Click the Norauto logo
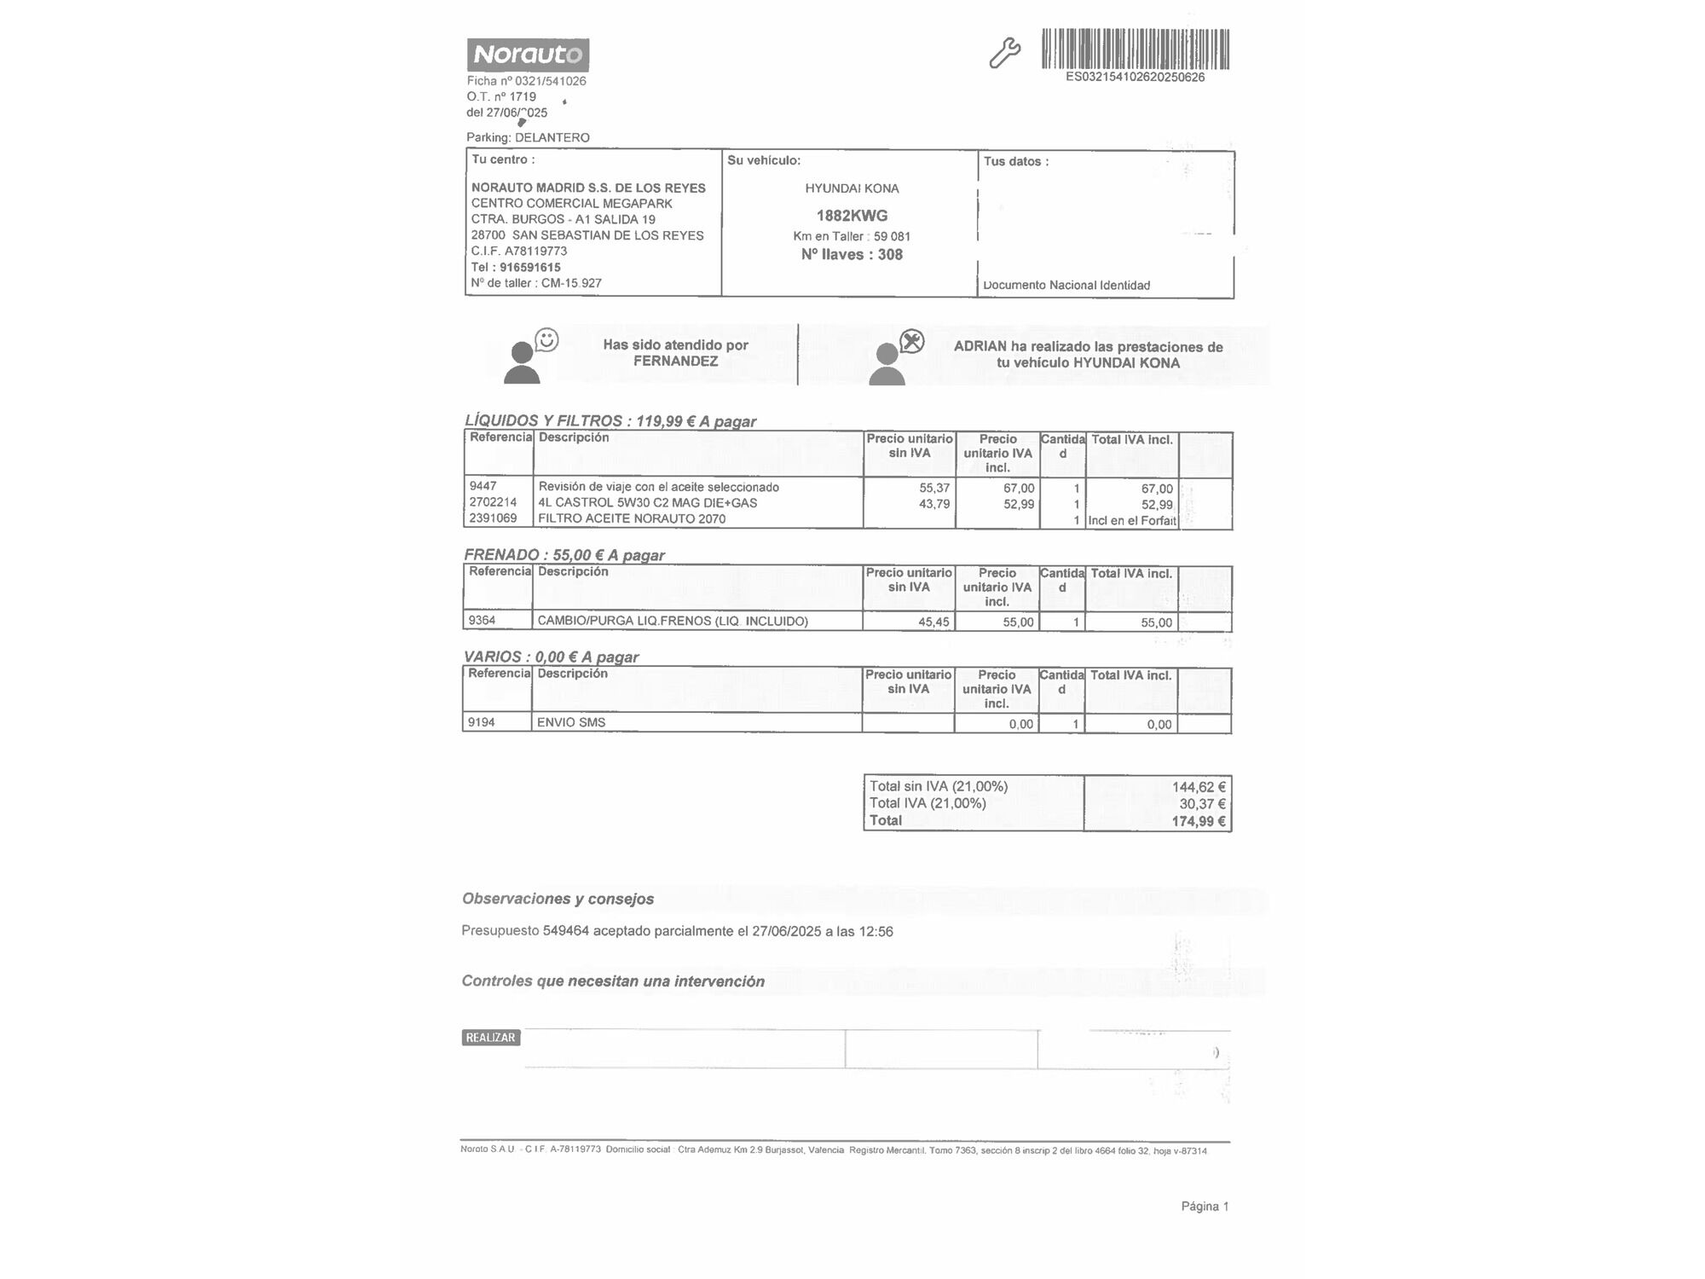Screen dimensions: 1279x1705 (528, 55)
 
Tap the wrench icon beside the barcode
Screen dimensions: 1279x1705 (1004, 53)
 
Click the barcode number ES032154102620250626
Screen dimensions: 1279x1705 (1135, 78)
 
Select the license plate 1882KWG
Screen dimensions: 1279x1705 (852, 216)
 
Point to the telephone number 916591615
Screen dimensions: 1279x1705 (529, 267)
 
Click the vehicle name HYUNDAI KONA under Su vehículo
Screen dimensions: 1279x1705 (852, 188)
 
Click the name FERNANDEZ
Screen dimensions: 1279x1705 (675, 362)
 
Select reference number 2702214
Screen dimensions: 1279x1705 (493, 502)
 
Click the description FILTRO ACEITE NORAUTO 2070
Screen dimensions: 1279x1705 (632, 518)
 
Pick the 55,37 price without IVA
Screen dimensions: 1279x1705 (934, 488)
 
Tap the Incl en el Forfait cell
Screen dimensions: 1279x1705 (1132, 520)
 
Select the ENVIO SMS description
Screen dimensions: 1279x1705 (571, 722)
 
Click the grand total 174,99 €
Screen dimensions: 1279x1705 (1199, 821)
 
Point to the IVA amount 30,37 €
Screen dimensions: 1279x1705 (1202, 804)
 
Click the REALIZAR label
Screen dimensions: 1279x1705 (491, 1038)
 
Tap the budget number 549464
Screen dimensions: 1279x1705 (566, 931)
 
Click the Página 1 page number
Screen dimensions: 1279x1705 (1205, 1207)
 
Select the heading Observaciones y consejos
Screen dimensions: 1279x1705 (558, 899)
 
